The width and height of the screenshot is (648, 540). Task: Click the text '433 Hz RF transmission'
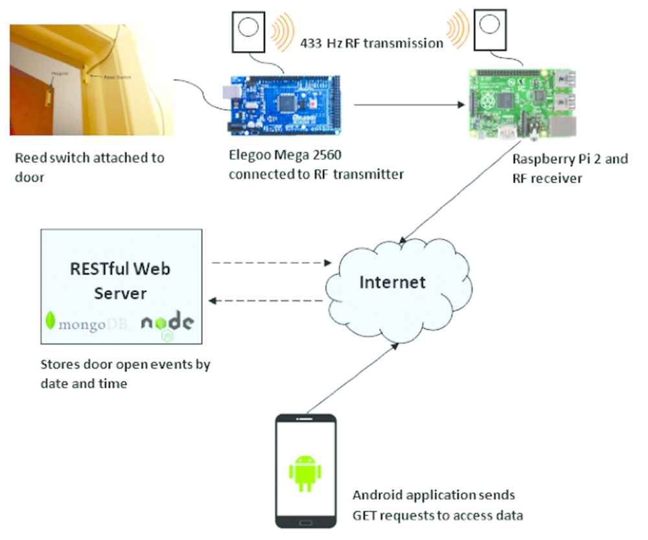[371, 43]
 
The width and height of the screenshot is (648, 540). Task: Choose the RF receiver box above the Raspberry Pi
[491, 31]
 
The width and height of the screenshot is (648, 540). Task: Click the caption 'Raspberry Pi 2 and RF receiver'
[570, 168]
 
